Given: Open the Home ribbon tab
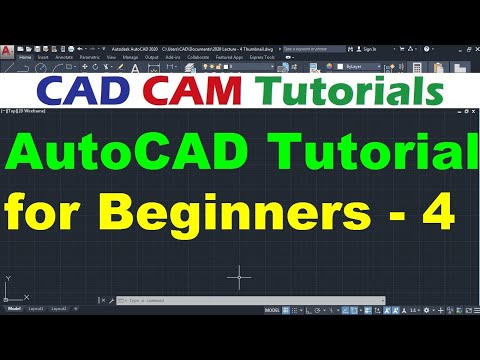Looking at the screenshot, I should tap(26, 58).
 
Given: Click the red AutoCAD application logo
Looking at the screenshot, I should tap(7, 48).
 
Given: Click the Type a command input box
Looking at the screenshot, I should tap(180, 299).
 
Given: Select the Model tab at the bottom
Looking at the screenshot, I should tap(15, 310).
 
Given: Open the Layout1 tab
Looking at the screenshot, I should tap(37, 310).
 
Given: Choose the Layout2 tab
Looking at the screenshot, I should tap(59, 310).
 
